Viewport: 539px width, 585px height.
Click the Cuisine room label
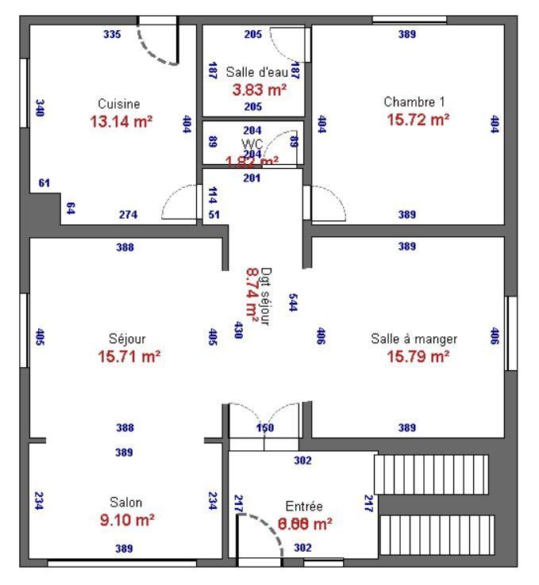pyautogui.click(x=119, y=104)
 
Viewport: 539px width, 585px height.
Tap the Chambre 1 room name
pyautogui.click(x=414, y=101)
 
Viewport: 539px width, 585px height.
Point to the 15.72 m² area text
pyautogui.click(x=418, y=119)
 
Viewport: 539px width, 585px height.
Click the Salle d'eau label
pyautogui.click(x=256, y=72)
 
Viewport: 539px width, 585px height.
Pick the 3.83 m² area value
pyautogui.click(x=260, y=90)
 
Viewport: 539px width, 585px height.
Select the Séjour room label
pyautogui.click(x=127, y=338)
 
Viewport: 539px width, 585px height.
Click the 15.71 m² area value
pyautogui.click(x=129, y=357)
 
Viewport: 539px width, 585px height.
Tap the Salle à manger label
pyautogui.click(x=414, y=338)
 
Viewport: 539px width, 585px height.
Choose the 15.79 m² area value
pyautogui.click(x=418, y=357)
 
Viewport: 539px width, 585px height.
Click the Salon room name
pyautogui.click(x=126, y=503)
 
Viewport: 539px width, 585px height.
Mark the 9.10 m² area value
pyautogui.click(x=126, y=521)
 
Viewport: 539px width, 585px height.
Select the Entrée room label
pyautogui.click(x=304, y=507)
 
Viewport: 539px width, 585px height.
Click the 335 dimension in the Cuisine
pyautogui.click(x=112, y=34)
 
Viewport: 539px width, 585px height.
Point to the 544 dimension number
pyautogui.click(x=293, y=302)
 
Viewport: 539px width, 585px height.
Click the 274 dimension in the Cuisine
pyautogui.click(x=127, y=215)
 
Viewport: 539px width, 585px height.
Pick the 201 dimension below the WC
pyautogui.click(x=252, y=178)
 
